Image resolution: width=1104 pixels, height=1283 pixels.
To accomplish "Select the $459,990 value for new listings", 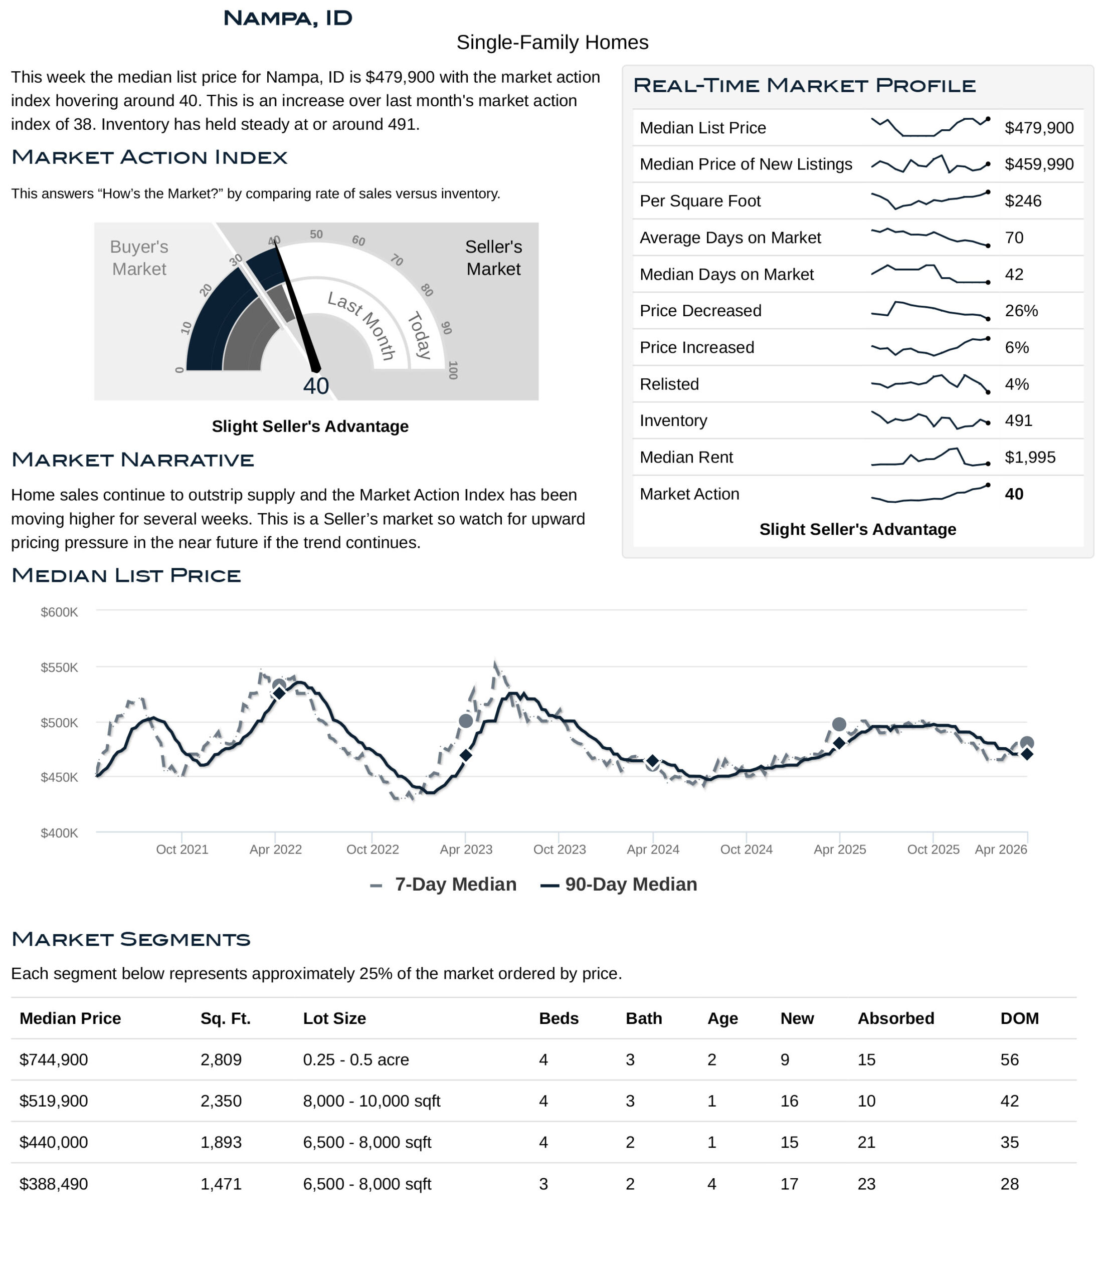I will pos(1039,164).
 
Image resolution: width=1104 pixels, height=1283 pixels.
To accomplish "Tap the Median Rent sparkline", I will pos(930,457).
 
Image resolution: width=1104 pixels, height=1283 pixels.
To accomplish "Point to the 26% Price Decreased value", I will pos(1021,311).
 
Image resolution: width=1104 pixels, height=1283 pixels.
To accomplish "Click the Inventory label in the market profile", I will pos(673,420).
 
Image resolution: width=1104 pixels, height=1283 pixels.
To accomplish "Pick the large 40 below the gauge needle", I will pos(316,386).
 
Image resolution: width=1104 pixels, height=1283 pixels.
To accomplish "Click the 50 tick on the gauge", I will pos(316,234).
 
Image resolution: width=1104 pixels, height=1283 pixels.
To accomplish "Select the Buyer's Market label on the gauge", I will pos(139,258).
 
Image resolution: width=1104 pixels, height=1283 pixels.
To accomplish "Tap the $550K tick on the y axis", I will pos(60,668).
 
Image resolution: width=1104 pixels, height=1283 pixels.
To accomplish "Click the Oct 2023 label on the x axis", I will pos(560,849).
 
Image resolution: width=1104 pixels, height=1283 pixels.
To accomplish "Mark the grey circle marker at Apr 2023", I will pos(466,721).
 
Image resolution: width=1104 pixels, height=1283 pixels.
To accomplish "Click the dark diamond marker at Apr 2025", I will pos(839,743).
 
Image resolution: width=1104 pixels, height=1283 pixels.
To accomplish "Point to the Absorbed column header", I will pos(895,1018).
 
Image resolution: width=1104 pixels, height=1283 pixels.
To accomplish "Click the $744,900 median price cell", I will pos(54,1059).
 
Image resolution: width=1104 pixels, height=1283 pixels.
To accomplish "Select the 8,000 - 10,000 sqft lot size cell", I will pos(371,1101).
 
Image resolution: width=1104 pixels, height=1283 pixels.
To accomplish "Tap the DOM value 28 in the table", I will pos(1009,1184).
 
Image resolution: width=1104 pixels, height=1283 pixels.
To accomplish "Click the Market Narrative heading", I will pos(132,460).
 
